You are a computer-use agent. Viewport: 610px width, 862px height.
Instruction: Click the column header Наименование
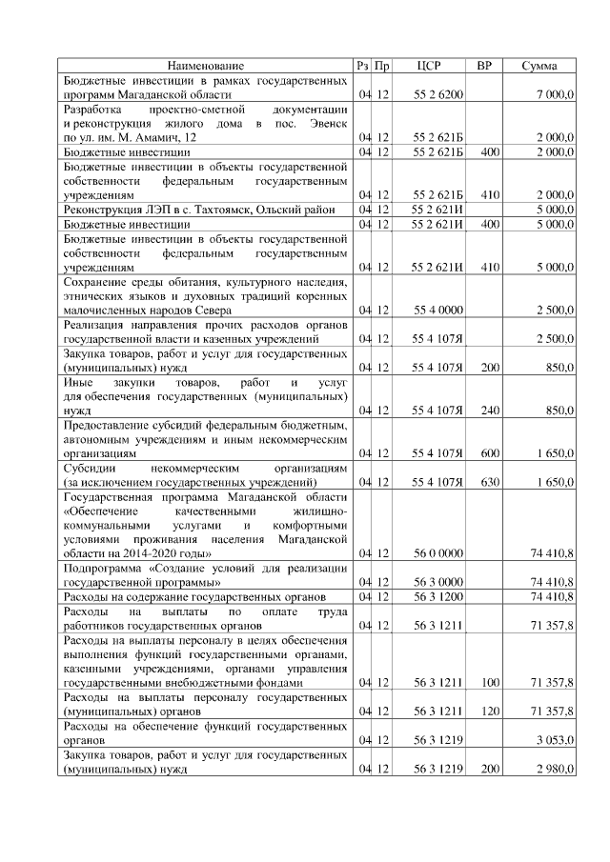pyautogui.click(x=206, y=66)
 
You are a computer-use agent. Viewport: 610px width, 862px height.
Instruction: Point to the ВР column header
pyautogui.click(x=484, y=66)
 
